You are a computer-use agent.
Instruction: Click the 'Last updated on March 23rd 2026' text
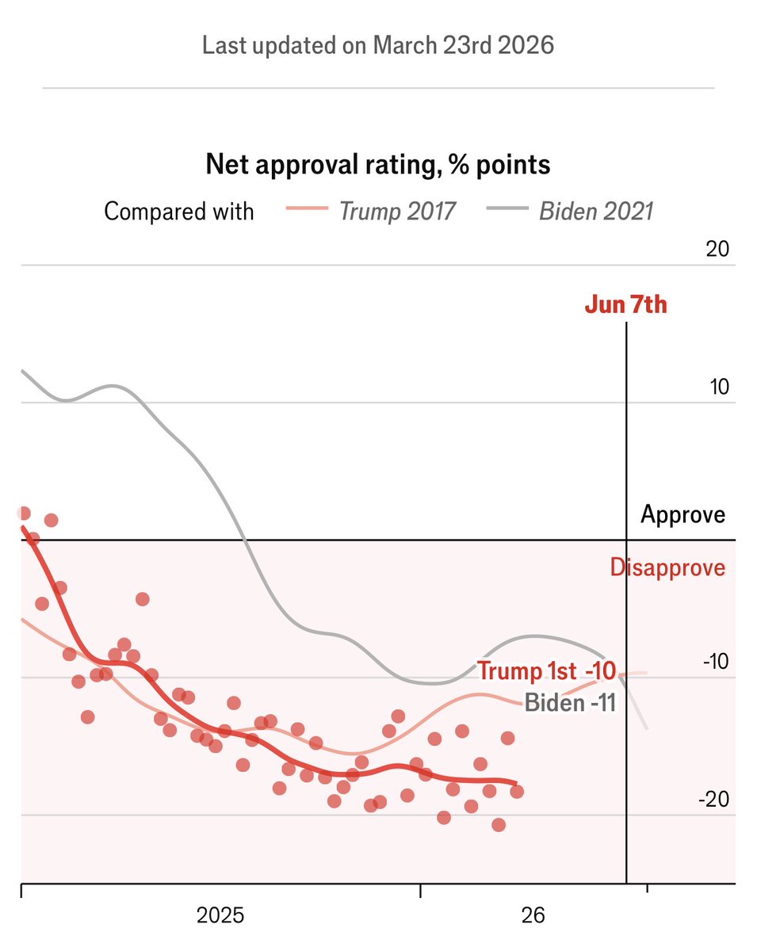click(378, 45)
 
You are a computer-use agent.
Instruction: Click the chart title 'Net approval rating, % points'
click(378, 165)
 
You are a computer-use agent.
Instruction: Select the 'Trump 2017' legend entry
click(397, 212)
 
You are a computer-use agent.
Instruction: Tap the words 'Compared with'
click(179, 212)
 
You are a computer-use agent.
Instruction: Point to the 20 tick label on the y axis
click(717, 249)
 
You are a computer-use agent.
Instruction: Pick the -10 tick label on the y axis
click(714, 662)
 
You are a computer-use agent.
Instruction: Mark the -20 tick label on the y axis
click(714, 800)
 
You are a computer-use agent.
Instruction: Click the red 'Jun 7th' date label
click(626, 305)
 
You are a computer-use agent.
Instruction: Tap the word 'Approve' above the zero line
click(682, 515)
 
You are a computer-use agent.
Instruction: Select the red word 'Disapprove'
click(667, 567)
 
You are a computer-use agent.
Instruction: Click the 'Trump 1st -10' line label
click(546, 670)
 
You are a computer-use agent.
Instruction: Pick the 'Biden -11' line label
click(570, 702)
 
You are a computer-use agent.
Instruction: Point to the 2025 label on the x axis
click(220, 916)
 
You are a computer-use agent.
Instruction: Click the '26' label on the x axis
click(533, 916)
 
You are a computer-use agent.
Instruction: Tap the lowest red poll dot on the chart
click(499, 825)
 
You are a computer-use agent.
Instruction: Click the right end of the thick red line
click(517, 783)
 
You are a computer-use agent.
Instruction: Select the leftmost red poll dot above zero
click(24, 514)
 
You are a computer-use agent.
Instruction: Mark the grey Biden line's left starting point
click(22, 371)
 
